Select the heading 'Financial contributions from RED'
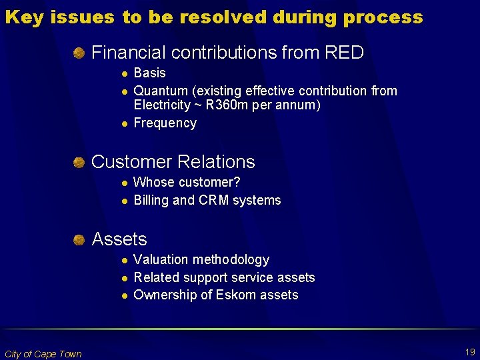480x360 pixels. click(227, 52)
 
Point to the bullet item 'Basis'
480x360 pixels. click(149, 73)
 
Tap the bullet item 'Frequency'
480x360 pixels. click(165, 123)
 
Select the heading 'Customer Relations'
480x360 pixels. click(173, 161)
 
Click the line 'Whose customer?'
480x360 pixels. click(187, 182)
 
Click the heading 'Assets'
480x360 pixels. click(119, 239)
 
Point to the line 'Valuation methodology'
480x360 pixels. click(201, 259)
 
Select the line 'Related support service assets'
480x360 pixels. click(224, 277)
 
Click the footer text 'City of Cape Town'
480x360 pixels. click(43, 354)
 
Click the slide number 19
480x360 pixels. click(470, 351)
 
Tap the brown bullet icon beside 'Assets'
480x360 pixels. click(79, 239)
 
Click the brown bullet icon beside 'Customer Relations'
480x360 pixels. click(79, 161)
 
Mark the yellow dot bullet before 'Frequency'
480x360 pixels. click(123, 123)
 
